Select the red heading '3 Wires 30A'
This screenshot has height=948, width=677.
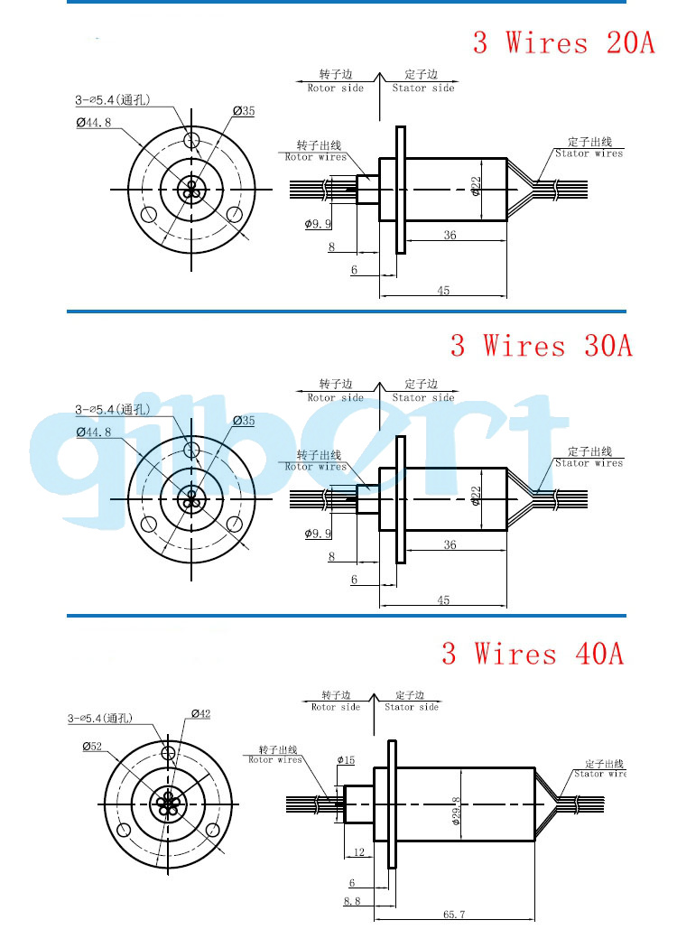tap(542, 345)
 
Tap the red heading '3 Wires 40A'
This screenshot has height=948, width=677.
tap(533, 653)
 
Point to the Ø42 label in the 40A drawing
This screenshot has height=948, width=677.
tap(200, 714)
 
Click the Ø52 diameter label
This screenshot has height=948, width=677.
tap(94, 747)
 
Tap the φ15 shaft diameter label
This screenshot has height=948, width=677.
tap(347, 760)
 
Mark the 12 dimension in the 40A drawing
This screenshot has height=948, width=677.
tap(358, 851)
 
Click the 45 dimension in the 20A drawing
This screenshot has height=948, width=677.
tap(443, 291)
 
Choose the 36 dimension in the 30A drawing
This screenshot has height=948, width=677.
tap(450, 544)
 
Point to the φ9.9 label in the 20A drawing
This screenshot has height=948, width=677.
tap(319, 223)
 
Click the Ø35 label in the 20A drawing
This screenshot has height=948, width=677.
tap(244, 111)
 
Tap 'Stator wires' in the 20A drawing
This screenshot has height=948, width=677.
tap(589, 153)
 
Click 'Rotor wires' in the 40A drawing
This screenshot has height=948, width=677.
tap(275, 760)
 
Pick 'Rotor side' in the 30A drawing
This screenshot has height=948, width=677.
tap(335, 397)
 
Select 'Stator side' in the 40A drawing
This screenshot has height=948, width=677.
tap(412, 707)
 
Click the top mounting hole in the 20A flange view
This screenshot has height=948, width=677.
tap(191, 140)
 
